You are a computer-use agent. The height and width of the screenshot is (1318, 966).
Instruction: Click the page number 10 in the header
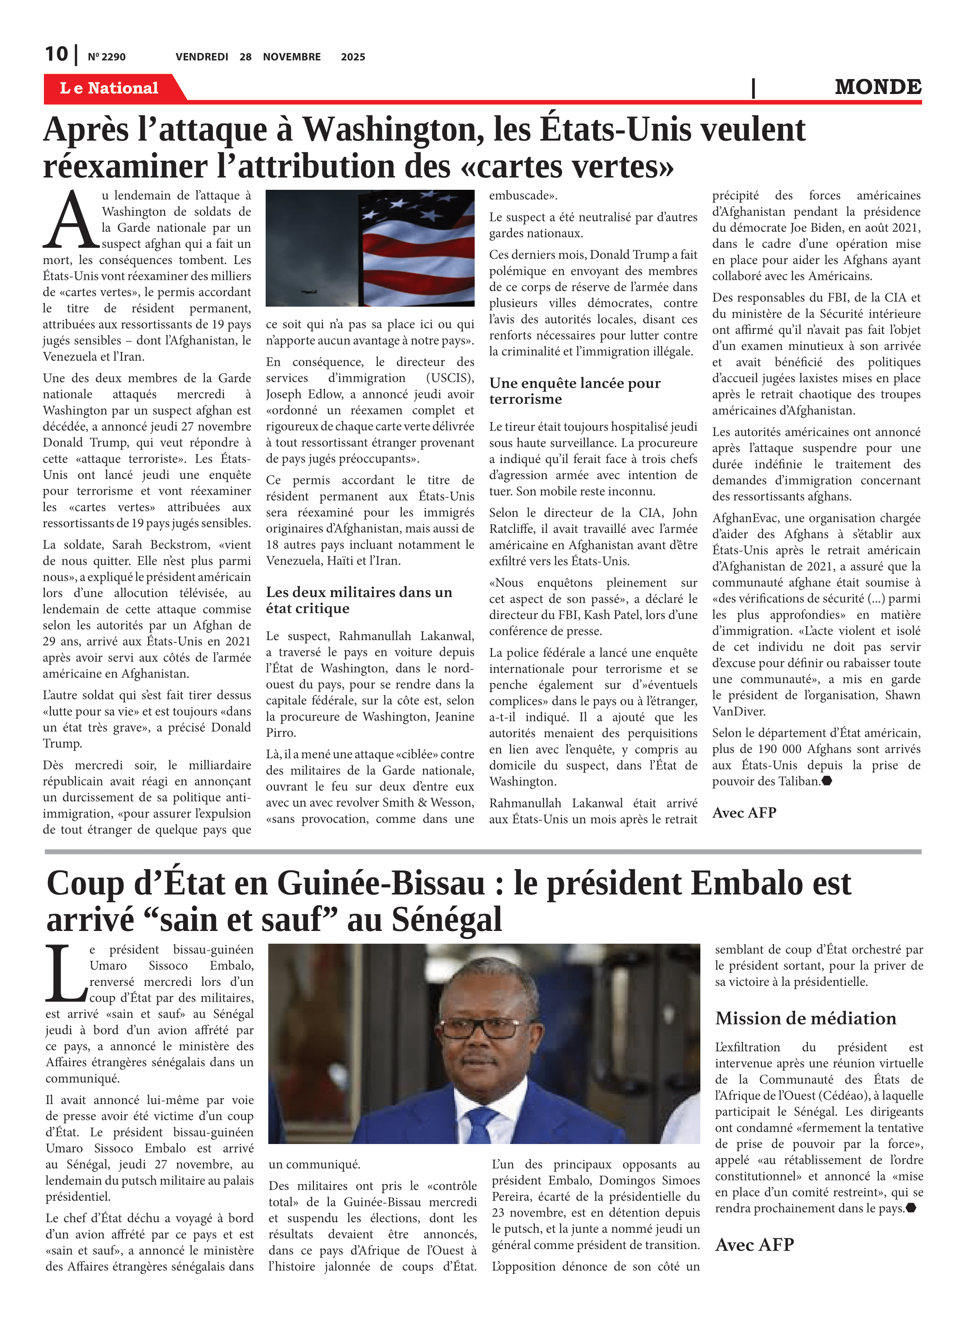pos(57,54)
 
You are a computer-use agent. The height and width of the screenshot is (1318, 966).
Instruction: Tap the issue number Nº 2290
pos(106,57)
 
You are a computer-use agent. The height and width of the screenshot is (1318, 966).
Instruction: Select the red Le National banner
pos(109,88)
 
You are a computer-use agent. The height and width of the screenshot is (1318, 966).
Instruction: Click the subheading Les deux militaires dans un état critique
pos(359,600)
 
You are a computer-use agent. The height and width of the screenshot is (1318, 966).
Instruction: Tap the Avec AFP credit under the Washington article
pos(744,813)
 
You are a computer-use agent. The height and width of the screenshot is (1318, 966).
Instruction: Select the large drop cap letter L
pos(65,974)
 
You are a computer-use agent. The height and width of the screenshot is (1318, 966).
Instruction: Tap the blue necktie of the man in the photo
pos(483,1124)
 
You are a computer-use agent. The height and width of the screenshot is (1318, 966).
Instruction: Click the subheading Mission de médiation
pos(805,1018)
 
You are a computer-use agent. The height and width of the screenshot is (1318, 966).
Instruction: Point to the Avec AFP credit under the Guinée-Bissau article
pos(754,1245)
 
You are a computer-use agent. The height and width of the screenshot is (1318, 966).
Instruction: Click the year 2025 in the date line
pos(353,57)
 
